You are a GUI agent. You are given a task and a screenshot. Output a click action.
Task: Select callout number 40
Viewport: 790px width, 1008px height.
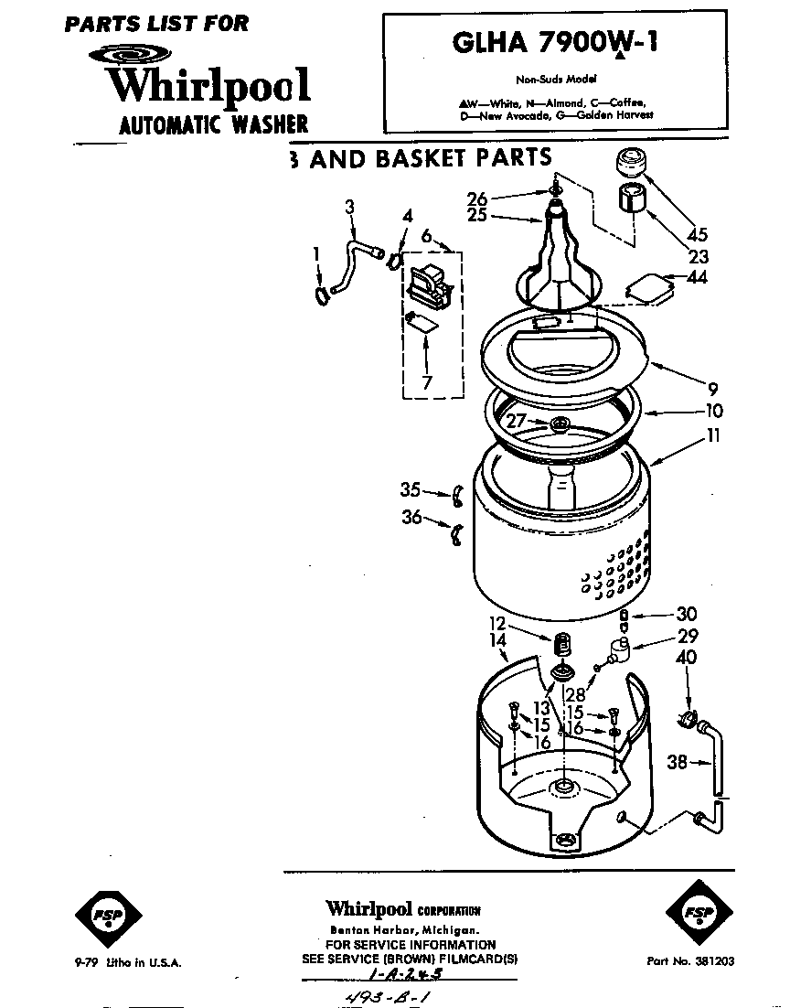click(686, 657)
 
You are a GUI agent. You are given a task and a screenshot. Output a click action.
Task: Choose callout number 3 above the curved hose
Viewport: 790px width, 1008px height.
click(349, 208)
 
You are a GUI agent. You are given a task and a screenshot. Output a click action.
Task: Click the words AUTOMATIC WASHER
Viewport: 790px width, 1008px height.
click(213, 123)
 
